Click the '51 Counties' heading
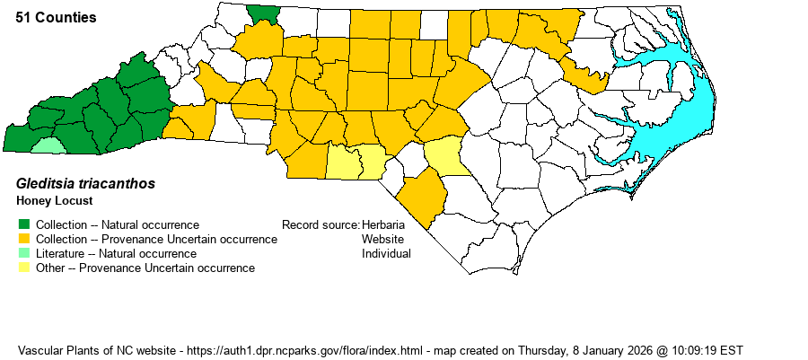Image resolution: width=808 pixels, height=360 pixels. tap(57, 18)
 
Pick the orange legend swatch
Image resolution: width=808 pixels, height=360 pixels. tap(24, 239)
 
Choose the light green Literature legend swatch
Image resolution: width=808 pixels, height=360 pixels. tap(24, 253)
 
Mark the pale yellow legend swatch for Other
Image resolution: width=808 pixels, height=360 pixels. tap(24, 268)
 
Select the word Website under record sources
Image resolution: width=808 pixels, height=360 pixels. tap(382, 239)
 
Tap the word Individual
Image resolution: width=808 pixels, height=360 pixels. tap(386, 253)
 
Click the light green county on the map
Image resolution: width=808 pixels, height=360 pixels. tap(48, 145)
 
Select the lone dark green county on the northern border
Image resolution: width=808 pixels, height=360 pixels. tap(263, 13)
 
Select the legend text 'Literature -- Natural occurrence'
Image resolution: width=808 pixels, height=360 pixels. tap(116, 253)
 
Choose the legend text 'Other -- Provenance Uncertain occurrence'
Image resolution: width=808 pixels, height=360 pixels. tap(145, 268)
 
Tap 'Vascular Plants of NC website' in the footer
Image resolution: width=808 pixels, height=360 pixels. tap(96, 349)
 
